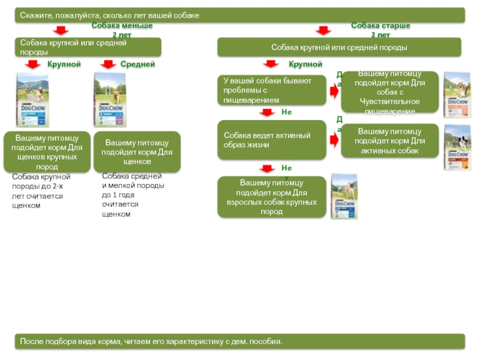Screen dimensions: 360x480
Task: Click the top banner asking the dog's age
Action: coord(240,15)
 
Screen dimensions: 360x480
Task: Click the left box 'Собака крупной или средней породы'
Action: coord(88,47)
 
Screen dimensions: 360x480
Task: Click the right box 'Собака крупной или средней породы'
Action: coord(339,47)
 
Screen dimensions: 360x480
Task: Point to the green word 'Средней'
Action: coord(137,64)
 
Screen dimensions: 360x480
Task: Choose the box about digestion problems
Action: coord(272,90)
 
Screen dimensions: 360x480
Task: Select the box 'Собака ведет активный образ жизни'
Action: coord(272,140)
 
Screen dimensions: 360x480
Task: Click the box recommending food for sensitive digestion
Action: coord(389,92)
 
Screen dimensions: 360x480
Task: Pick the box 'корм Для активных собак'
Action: coord(389,140)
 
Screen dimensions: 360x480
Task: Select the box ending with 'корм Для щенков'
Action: coord(137,152)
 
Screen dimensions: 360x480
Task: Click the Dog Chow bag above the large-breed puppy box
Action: coord(32,100)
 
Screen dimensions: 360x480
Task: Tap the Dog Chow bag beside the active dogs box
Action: coord(455,147)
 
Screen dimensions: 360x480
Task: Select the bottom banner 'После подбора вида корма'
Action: coord(240,341)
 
